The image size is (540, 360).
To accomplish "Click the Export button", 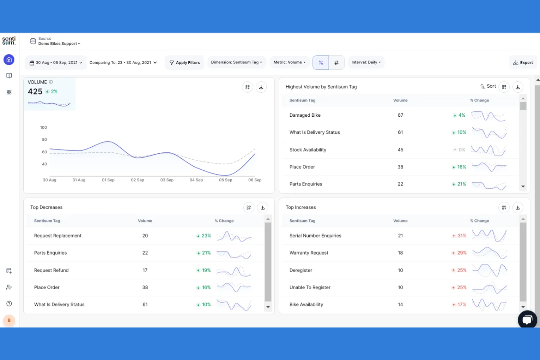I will point(523,62).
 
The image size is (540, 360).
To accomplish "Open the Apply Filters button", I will point(184,62).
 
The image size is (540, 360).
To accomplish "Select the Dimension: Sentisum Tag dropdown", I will point(236,62).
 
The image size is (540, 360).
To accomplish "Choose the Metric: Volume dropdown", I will point(289,62).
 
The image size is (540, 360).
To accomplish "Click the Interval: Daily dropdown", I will point(366,62).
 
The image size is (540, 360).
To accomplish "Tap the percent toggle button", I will point(321,63).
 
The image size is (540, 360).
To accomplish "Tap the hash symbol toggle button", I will point(336,63).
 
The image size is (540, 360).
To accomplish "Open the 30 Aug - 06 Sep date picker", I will point(56,63).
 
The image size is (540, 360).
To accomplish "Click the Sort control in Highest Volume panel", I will point(488,86).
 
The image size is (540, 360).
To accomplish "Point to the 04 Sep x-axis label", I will point(196,180).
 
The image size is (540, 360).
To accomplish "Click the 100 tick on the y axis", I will point(43,128).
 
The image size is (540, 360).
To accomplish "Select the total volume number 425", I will point(35,92).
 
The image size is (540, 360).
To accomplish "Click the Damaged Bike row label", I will point(305,115).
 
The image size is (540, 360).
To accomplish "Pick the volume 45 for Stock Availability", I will point(400,150).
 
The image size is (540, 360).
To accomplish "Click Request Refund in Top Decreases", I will point(51,270).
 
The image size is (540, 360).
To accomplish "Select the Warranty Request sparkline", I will point(489,253).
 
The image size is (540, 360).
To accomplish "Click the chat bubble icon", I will point(527,320).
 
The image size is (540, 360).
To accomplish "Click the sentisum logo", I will point(9,40).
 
